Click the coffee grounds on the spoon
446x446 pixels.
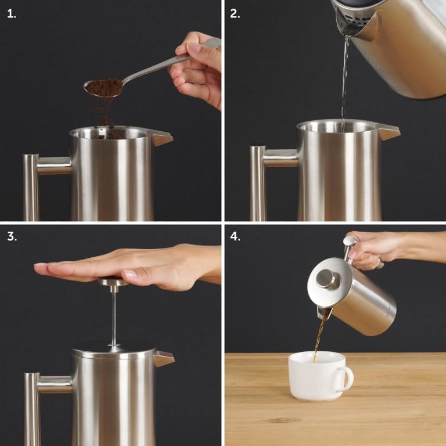[x=105, y=87]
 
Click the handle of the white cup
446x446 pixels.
[x=346, y=379]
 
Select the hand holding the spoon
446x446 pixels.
[x=197, y=70]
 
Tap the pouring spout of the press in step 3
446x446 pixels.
[x=163, y=358]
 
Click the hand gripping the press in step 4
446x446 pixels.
[x=377, y=247]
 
